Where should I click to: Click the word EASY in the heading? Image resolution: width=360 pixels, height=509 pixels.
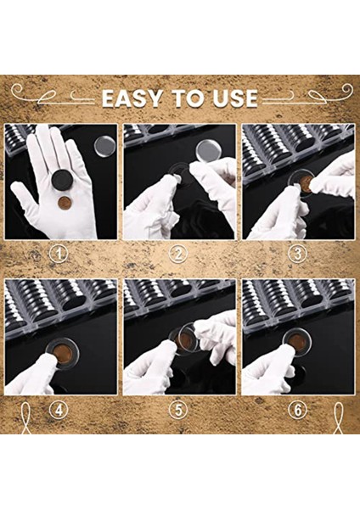132,98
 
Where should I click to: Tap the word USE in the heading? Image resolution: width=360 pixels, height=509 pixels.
235,98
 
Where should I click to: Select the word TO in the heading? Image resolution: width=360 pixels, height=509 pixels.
188,98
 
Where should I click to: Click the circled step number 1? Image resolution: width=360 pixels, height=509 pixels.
59,254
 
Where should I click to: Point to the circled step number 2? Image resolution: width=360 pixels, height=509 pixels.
178,254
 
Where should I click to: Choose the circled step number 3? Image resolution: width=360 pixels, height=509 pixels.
297,254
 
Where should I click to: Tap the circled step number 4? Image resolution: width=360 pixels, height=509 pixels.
59,411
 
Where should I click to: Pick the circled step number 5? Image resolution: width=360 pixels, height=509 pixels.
178,411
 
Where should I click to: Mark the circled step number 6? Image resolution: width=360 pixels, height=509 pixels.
297,411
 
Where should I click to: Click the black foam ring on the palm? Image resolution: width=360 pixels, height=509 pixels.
63,180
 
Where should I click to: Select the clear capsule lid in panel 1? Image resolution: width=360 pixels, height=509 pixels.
104,146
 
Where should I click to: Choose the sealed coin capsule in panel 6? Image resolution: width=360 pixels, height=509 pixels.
297,342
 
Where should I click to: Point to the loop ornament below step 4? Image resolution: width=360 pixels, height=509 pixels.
25,418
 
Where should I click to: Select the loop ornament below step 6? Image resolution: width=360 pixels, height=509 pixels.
338,418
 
